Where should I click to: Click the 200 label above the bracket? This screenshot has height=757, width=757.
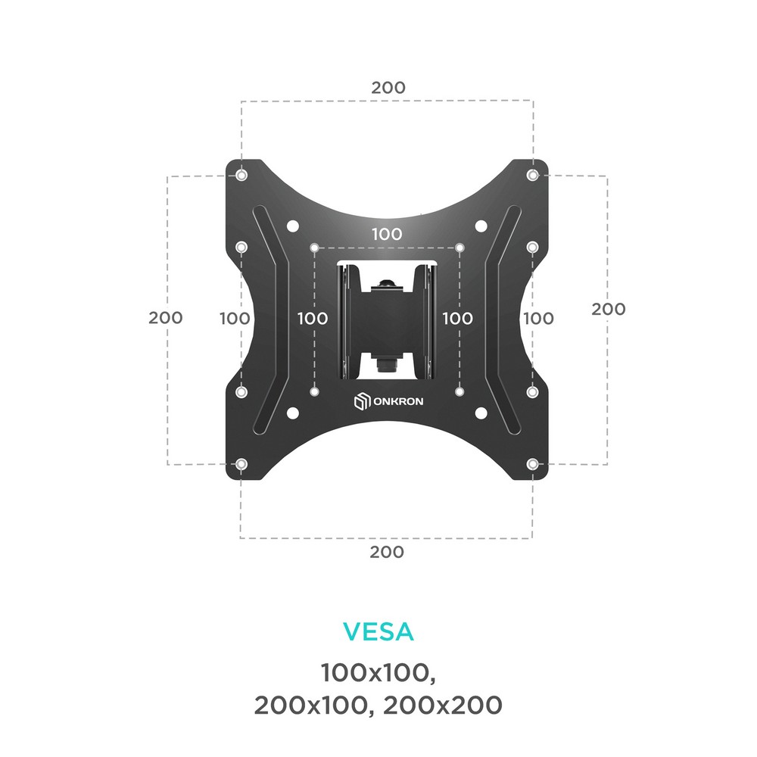pos(388,87)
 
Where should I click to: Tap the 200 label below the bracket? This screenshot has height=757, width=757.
pos(387,552)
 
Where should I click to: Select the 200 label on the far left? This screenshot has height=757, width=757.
pos(166,318)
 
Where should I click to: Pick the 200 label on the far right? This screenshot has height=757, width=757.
pos(609,309)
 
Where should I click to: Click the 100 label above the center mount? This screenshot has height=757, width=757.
pos(387,234)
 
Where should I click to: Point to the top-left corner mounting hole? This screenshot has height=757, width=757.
pos(242,174)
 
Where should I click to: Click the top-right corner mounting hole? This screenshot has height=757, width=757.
pos(532,174)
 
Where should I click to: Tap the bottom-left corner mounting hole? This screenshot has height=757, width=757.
pos(241,465)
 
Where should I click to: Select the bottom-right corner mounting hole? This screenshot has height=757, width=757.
pos(532,465)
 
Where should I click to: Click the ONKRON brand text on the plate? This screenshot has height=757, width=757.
pos(398,401)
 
